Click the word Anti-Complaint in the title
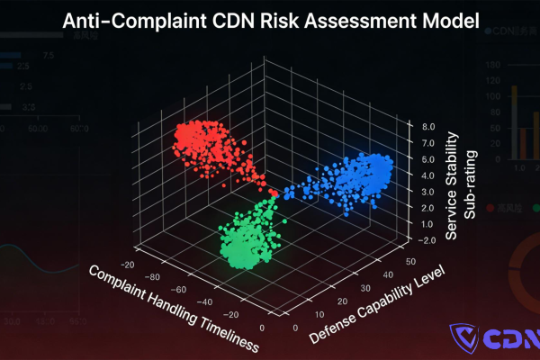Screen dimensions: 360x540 click(x=130, y=21)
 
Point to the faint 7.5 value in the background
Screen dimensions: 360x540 click(x=47, y=57)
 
